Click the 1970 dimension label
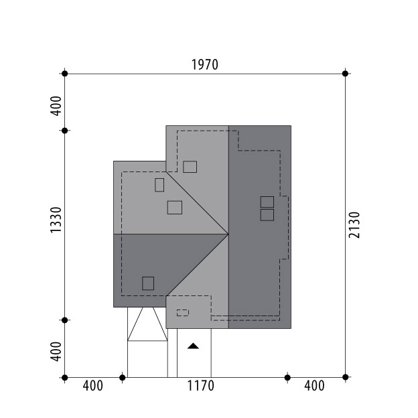tap(205, 65)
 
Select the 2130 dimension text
tap(354, 225)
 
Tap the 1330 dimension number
tap(56, 220)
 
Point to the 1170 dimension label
tap(200, 386)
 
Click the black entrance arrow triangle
tap(193, 346)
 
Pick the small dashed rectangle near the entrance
tap(183, 313)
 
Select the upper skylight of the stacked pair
tap(267, 202)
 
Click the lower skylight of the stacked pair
tap(267, 215)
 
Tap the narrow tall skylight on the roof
tap(159, 185)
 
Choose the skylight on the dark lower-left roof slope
tap(148, 283)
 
